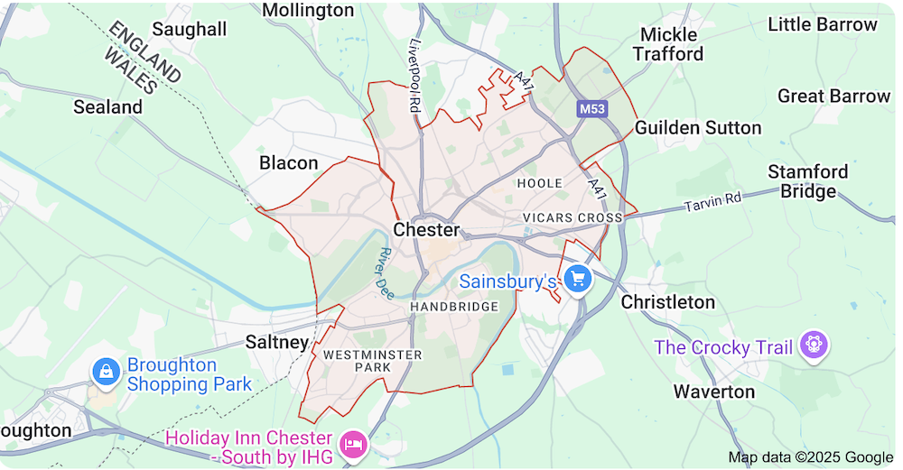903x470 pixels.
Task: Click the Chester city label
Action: point(426,230)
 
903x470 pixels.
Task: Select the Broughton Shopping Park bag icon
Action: point(107,371)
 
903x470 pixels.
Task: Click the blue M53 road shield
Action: point(592,109)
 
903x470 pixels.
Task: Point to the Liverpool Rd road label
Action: point(415,76)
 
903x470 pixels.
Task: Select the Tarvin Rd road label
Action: point(712,203)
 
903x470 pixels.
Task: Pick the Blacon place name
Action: point(289,163)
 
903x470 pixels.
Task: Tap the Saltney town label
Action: point(277,342)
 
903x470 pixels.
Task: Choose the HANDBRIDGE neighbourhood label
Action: point(454,307)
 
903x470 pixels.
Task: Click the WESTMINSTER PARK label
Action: point(373,361)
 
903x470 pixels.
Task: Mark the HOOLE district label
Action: point(539,183)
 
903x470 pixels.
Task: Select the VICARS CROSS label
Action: point(573,218)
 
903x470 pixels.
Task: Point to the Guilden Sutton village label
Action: point(698,127)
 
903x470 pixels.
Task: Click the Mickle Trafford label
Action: point(668,44)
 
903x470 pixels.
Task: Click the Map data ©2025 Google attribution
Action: point(810,456)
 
